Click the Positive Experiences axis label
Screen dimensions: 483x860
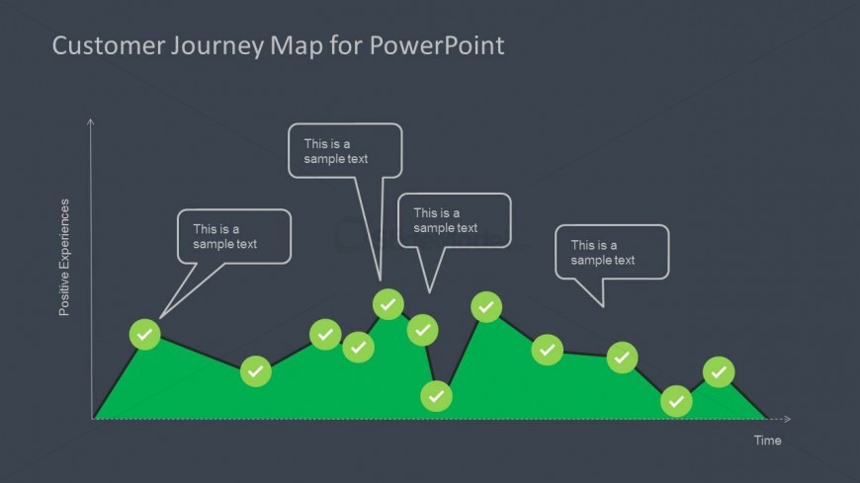tap(65, 257)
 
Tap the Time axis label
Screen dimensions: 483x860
tap(767, 441)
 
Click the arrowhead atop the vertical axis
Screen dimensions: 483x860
tap(91, 121)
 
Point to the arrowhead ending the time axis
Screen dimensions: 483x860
tap(787, 419)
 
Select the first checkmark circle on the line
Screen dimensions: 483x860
tap(145, 335)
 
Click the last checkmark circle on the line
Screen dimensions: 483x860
tap(719, 372)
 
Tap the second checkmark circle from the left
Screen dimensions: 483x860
tap(256, 371)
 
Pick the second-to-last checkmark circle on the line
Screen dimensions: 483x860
tap(676, 401)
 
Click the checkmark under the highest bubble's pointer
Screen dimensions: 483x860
tap(388, 303)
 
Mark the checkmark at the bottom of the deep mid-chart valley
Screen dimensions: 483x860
tap(436, 396)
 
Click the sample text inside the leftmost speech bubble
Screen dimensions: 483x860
tap(224, 237)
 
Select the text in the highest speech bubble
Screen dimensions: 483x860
tap(336, 151)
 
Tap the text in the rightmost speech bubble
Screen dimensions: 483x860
tap(603, 253)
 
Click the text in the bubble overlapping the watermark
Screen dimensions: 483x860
tap(445, 220)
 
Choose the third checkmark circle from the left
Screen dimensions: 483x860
tap(325, 335)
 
